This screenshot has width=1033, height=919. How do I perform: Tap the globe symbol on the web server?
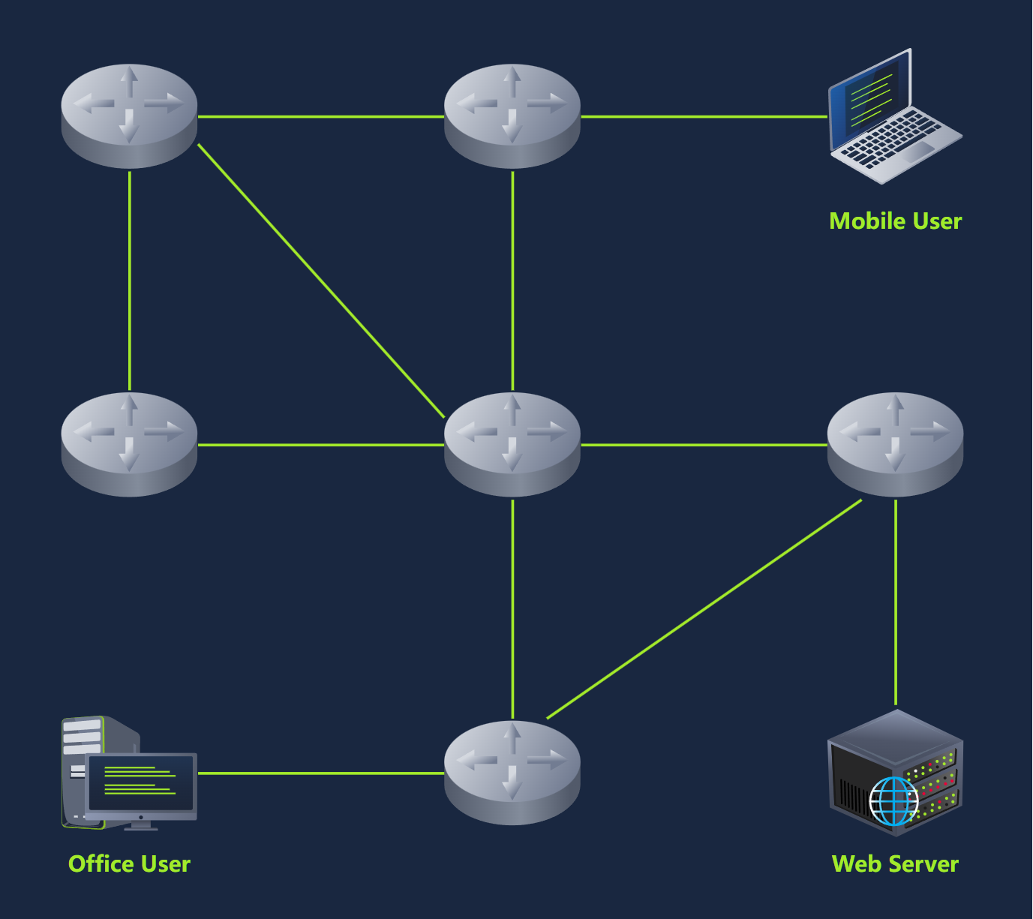893,800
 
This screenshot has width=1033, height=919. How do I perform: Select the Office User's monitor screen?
141,783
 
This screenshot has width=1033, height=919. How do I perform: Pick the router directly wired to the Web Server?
895,443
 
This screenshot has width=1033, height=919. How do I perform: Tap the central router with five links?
512,443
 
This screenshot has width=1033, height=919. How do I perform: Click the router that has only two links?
129,443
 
